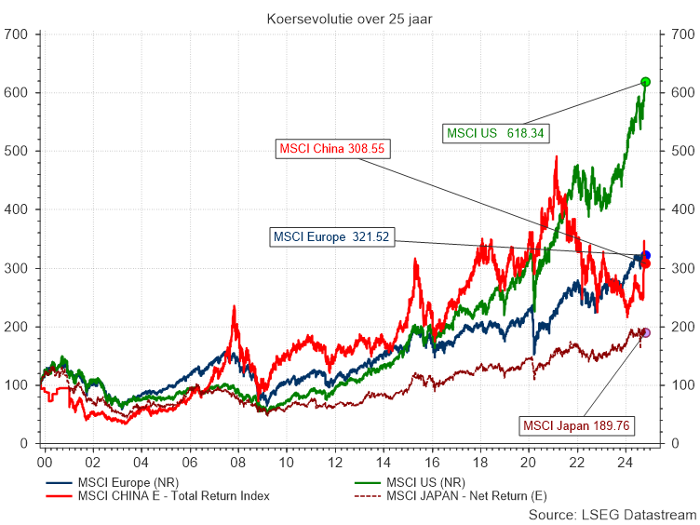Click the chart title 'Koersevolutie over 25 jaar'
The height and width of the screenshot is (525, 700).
pyautogui.click(x=349, y=18)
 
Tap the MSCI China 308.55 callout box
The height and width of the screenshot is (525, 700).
pyautogui.click(x=332, y=148)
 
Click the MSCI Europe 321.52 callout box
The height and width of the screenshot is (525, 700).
pyautogui.click(x=330, y=237)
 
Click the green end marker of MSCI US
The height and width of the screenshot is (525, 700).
pyautogui.click(x=646, y=82)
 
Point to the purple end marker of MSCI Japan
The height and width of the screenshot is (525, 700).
pyautogui.click(x=646, y=332)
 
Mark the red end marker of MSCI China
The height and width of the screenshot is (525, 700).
pyautogui.click(x=646, y=263)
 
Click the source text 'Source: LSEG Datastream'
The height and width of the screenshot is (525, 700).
pyautogui.click(x=612, y=515)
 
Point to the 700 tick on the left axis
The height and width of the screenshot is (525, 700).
pyautogui.click(x=19, y=34)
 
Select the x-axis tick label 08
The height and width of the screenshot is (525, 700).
pyautogui.click(x=237, y=461)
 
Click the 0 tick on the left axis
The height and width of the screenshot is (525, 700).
pyautogui.click(x=26, y=444)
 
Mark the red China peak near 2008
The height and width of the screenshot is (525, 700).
pyautogui.click(x=234, y=307)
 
